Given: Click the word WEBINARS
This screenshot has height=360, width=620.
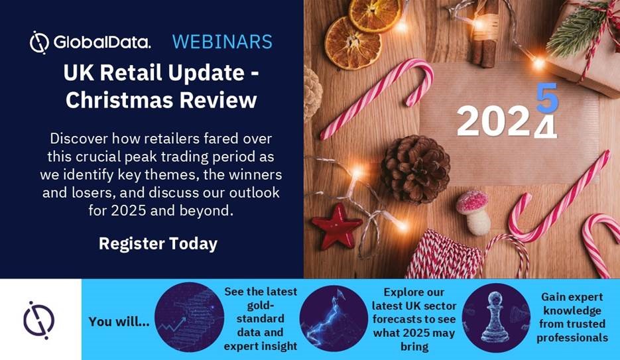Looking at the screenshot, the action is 222,42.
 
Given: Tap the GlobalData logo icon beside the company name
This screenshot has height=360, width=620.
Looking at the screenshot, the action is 39,42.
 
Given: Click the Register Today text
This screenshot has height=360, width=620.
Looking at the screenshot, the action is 158,244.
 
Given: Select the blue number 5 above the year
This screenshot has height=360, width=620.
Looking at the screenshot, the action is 547,97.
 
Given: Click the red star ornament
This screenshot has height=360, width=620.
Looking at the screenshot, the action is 336,226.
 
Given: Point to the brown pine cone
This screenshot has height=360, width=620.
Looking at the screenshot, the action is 415,169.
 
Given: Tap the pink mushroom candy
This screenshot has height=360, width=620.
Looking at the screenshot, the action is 473,211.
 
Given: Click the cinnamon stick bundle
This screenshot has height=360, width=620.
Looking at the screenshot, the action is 483,34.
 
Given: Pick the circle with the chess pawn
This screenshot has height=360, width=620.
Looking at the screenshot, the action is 496,318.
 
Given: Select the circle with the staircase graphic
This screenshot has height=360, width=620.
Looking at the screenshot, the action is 190,317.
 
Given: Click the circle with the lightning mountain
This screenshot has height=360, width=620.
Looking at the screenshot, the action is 334,318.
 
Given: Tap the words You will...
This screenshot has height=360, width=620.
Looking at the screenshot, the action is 119,322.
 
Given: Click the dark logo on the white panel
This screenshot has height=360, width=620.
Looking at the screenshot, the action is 38,320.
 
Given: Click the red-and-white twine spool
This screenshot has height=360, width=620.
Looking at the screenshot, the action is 444,256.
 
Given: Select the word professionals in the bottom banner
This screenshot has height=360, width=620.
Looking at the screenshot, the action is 572,338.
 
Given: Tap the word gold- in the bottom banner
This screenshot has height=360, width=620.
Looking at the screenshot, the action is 261,305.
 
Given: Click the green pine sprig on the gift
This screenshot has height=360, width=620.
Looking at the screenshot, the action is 577,30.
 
